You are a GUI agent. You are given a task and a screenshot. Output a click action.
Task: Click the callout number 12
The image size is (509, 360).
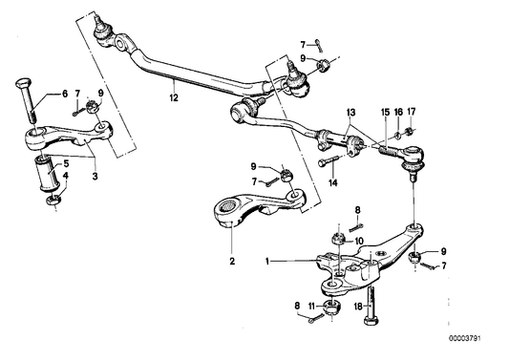(x=174, y=97)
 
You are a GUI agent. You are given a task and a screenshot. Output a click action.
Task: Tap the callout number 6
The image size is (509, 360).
(x=65, y=94)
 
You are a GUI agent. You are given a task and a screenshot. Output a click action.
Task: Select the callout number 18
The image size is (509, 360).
(x=358, y=307)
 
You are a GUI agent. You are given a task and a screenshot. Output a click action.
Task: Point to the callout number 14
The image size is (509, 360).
(x=333, y=182)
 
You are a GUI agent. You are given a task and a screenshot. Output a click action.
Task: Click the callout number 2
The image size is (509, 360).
(x=232, y=261)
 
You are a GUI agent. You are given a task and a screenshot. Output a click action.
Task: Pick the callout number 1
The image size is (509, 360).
(x=267, y=261)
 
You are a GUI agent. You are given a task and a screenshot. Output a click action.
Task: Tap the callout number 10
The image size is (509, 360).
(x=359, y=241)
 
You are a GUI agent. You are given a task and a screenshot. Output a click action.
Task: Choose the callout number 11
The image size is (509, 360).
(x=311, y=306)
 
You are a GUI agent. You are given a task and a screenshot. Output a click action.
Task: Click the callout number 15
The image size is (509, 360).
(x=385, y=113)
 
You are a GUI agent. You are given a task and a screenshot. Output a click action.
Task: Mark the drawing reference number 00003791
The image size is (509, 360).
(x=465, y=339)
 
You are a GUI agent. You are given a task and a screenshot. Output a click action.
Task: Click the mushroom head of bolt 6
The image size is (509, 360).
(x=23, y=83)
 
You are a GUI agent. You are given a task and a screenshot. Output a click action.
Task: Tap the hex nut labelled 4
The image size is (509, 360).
(x=53, y=201)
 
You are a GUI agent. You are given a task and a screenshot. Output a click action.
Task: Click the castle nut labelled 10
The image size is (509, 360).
(x=338, y=239)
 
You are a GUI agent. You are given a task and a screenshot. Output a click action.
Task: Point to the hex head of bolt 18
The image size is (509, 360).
(x=371, y=322)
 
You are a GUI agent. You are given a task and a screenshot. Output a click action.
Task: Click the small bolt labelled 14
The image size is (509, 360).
(x=328, y=160)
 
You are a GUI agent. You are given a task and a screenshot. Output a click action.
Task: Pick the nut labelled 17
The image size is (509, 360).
(x=409, y=131)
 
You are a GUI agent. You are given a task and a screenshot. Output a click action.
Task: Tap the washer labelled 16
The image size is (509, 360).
(x=397, y=135)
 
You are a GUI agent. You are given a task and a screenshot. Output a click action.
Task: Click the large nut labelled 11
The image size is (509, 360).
(x=332, y=307)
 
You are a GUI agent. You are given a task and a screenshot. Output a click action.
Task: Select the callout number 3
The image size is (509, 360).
(x=95, y=177)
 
